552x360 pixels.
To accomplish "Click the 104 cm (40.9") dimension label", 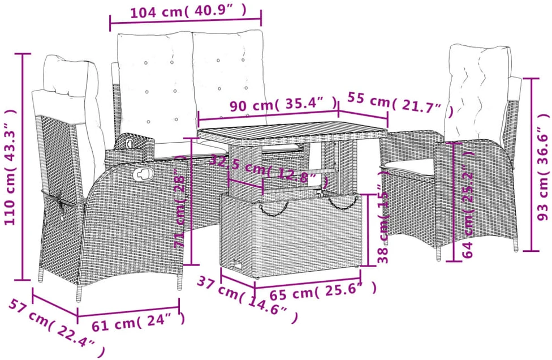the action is [188, 12].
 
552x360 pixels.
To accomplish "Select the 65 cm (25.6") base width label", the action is [323, 290].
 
